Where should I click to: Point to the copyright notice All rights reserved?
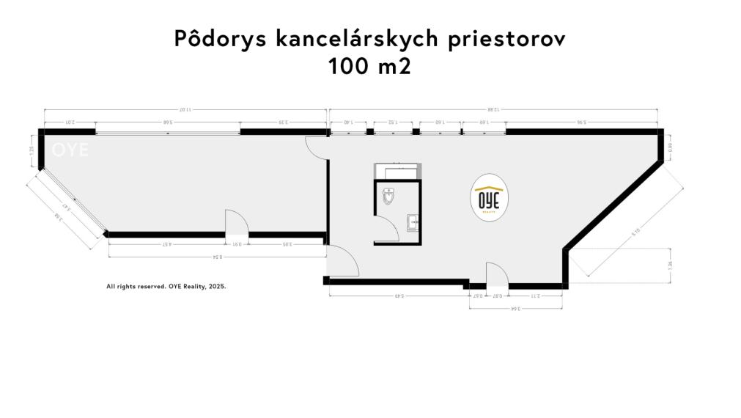tap(166, 287)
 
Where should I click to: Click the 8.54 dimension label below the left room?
tap(217, 257)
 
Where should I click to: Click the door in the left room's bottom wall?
tap(236, 223)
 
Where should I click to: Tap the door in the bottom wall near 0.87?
tap(498, 274)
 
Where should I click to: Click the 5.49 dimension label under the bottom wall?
tap(399, 296)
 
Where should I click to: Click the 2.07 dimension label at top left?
tap(70, 122)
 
